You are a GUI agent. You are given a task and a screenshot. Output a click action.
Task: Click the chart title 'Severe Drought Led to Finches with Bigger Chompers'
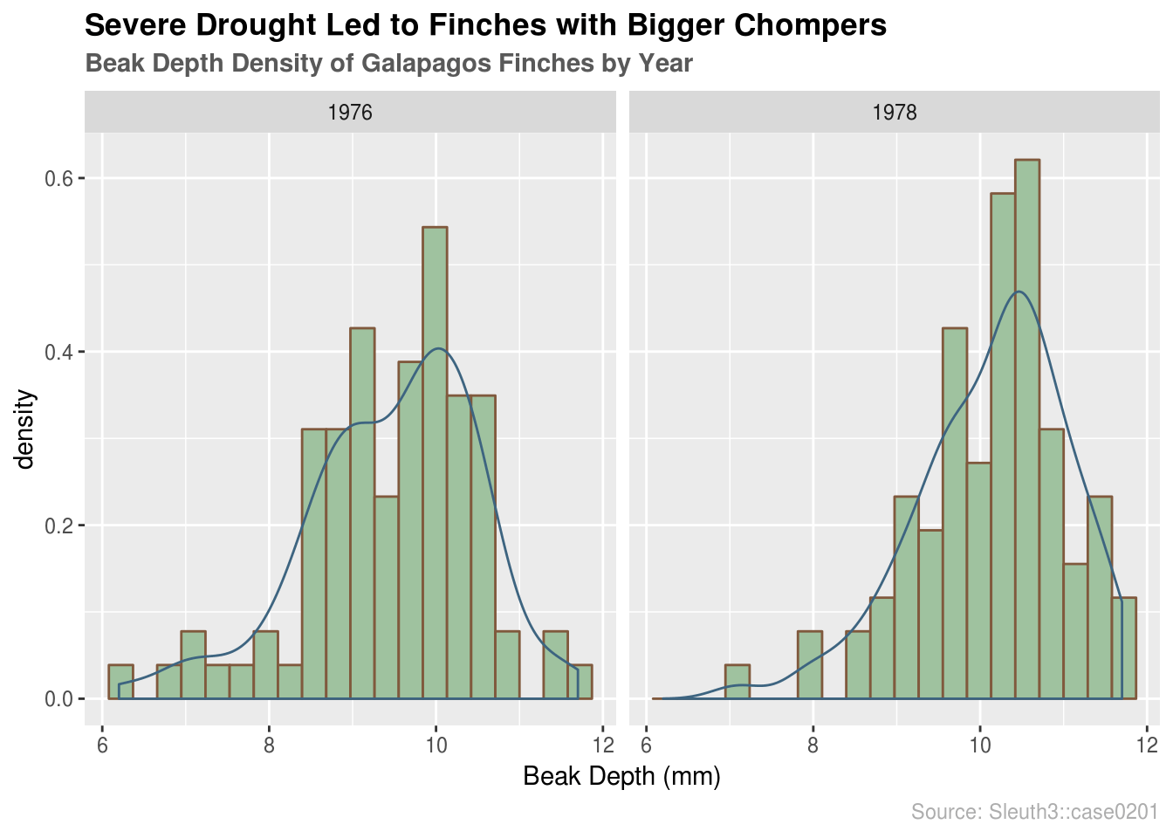485,25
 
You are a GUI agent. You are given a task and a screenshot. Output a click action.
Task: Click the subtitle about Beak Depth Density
388,64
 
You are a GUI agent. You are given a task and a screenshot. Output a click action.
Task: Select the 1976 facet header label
350,113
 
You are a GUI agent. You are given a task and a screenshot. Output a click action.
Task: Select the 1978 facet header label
895,113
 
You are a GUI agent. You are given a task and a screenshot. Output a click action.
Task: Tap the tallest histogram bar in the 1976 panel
435,463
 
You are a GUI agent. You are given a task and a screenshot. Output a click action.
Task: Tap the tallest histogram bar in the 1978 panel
1027,428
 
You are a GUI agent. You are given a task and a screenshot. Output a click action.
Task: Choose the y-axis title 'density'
25,429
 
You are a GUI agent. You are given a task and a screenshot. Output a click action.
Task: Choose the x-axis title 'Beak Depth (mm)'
621,776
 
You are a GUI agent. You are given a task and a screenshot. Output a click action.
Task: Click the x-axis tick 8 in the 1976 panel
269,745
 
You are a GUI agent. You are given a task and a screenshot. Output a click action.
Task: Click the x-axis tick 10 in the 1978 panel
980,745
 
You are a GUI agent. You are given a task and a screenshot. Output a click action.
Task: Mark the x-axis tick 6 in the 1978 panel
647,745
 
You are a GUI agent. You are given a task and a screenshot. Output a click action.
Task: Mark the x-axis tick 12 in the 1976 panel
602,745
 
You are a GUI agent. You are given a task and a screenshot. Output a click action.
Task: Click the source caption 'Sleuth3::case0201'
1034,812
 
